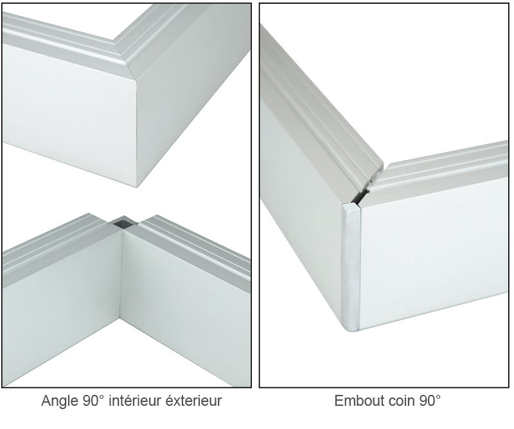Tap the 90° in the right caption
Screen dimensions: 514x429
(x=430, y=401)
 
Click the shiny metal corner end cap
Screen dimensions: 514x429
(x=351, y=266)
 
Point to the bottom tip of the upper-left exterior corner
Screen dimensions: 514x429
(x=137, y=187)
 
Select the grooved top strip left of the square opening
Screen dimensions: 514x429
(x=54, y=244)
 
